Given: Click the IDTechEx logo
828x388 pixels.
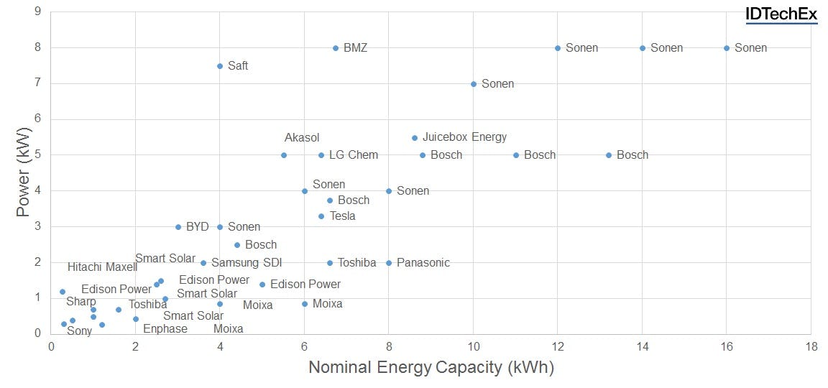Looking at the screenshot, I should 781,14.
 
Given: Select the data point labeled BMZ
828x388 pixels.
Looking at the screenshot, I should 336,48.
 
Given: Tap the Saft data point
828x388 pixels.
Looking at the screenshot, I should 220,66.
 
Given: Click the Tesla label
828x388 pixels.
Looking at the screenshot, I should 342,216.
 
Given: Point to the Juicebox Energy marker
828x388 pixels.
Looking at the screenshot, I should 415,138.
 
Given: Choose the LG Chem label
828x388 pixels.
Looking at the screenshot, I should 353,155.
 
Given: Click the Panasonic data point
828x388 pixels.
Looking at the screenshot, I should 389,263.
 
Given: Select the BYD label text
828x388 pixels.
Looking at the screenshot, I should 197,227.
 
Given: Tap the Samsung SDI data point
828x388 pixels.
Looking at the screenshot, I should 203,263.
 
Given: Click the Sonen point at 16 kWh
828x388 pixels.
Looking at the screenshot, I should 727,48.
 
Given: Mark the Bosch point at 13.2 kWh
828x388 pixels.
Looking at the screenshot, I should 609,155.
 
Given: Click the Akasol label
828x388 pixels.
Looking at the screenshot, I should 302,138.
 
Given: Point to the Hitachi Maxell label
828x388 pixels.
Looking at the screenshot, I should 102,267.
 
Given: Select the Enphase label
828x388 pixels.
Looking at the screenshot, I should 165,329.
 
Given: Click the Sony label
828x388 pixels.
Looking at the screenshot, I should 79,331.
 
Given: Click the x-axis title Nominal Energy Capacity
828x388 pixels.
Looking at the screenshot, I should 431,368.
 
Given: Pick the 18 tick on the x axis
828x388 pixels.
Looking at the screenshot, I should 811,347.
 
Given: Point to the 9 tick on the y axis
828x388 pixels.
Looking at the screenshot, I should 37,12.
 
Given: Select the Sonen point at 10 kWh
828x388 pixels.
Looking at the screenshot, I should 474,84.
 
